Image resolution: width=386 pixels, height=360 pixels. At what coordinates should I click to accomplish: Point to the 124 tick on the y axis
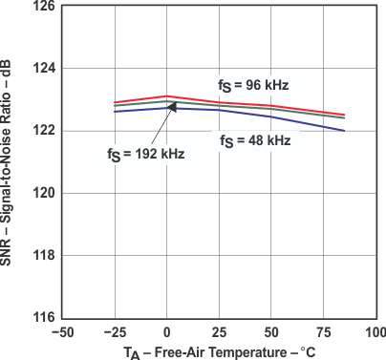point(43,69)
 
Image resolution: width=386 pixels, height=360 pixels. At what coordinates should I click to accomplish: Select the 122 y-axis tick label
point(43,131)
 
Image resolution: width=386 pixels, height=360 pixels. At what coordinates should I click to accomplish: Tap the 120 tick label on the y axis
point(43,193)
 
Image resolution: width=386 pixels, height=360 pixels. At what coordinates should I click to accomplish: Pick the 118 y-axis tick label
point(43,255)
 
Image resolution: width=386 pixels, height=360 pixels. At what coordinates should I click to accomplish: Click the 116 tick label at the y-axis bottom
point(43,317)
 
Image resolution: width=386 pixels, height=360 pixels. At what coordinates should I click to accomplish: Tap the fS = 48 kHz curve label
point(255,141)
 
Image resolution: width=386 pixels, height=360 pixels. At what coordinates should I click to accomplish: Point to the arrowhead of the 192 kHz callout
point(173,105)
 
